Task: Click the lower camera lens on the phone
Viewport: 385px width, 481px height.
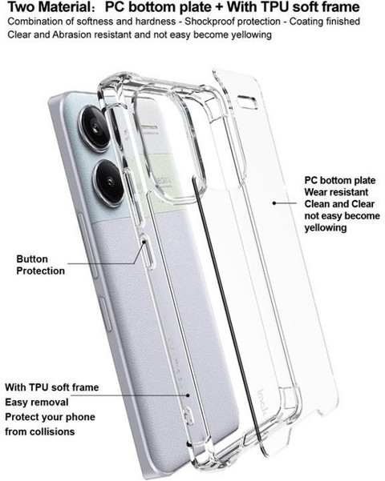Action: (x=109, y=182)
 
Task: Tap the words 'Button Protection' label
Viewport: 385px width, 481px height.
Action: (x=41, y=265)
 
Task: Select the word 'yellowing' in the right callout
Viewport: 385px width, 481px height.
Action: (x=326, y=227)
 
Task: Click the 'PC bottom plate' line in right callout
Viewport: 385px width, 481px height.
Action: (x=340, y=180)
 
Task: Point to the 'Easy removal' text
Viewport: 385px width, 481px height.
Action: (x=37, y=402)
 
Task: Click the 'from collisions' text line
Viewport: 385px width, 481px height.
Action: (x=39, y=431)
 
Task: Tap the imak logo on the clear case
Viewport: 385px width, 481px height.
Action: (x=262, y=403)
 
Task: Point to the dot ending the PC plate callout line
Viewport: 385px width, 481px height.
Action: (x=274, y=202)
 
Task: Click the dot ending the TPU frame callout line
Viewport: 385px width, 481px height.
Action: (x=188, y=395)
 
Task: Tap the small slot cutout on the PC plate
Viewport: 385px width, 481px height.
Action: (x=247, y=102)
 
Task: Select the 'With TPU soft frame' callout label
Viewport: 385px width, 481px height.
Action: (x=51, y=387)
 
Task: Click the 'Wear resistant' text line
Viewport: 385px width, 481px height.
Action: (x=336, y=192)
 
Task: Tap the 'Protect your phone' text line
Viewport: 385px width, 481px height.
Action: (x=50, y=417)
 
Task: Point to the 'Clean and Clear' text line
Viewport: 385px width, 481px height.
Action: (x=339, y=204)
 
